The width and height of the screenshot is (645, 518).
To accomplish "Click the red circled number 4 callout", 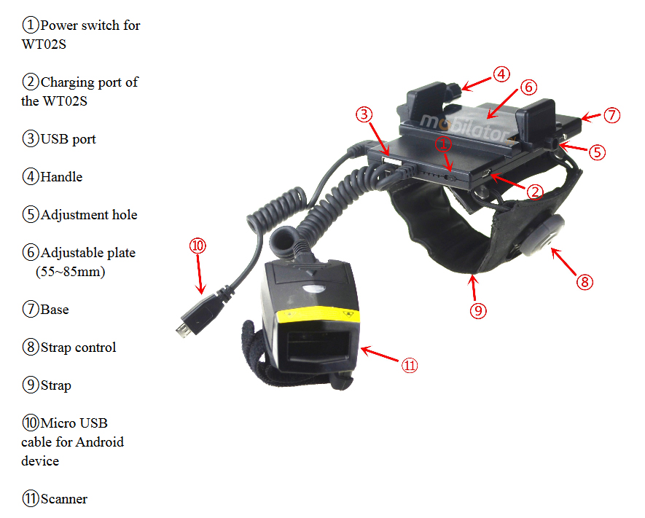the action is point(501,74).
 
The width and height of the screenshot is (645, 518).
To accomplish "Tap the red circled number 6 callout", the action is point(528,87).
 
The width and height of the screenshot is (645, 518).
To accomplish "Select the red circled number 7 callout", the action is point(611,114).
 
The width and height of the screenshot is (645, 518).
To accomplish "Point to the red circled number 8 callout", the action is point(585,282).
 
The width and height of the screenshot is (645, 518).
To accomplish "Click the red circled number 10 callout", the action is point(198,246).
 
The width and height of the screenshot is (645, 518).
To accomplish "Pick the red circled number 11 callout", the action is point(410,365).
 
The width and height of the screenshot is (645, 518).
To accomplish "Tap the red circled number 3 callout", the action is point(364,114).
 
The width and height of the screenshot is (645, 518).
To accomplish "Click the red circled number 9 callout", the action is point(478,310).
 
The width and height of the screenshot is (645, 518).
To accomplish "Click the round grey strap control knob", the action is point(541,235).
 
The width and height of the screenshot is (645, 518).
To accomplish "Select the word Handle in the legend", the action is point(62,177).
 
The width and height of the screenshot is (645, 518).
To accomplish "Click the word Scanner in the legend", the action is point(64,498).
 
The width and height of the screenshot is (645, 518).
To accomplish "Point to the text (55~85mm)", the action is point(71,271).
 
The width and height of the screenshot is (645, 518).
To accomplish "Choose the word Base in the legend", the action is point(55,309).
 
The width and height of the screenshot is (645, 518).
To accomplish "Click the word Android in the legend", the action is point(100,442).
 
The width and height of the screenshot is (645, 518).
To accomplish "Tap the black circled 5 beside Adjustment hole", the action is point(31,215).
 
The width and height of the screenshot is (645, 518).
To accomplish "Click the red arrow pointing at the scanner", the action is point(380,354).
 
